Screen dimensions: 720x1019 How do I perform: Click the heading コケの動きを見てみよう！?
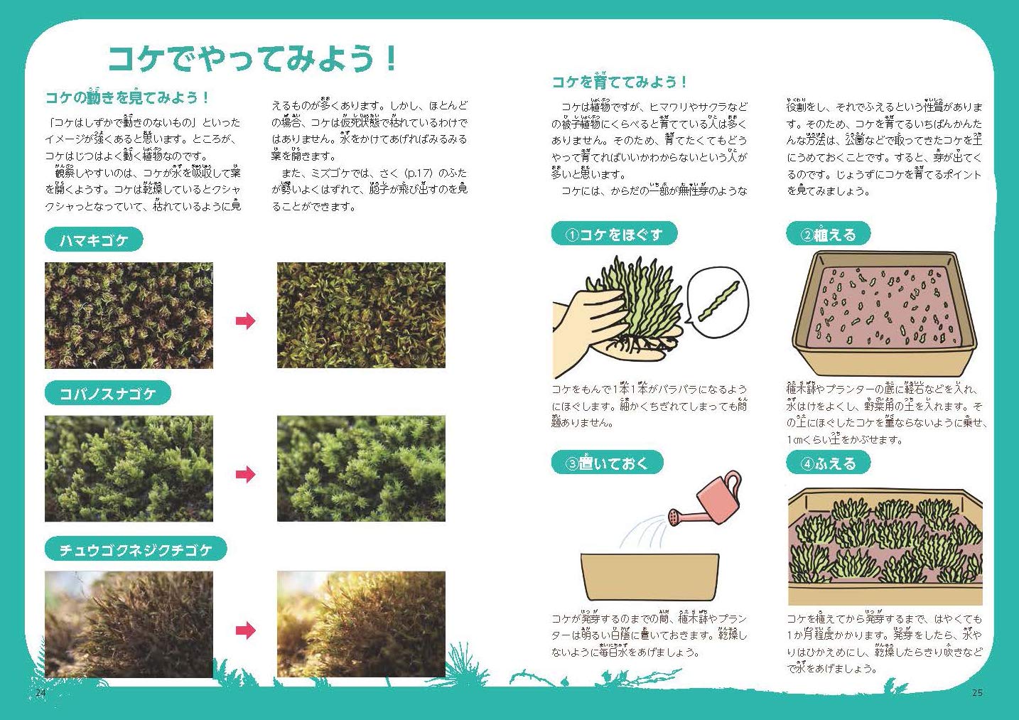point(127,97)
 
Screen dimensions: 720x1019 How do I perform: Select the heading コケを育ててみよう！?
point(619,82)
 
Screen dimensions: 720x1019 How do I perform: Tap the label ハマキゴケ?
point(94,240)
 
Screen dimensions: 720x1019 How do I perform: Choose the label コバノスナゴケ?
point(107,394)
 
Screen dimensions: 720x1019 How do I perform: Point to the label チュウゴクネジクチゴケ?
point(135,549)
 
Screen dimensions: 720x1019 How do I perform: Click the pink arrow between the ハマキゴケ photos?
point(245,321)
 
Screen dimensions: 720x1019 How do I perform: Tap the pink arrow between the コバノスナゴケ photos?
point(245,474)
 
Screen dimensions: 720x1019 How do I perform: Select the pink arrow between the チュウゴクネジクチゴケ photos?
point(245,630)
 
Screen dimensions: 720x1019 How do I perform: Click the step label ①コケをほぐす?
point(614,234)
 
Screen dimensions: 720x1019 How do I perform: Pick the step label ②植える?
point(828,234)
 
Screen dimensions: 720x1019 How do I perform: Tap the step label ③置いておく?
point(607,463)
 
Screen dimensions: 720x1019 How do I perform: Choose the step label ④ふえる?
point(828,463)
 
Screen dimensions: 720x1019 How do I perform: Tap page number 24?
point(41,692)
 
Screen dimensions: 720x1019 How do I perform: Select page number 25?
point(977,692)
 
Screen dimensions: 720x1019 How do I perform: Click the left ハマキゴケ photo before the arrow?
point(129,316)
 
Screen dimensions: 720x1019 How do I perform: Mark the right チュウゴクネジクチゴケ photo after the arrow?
point(361,624)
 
